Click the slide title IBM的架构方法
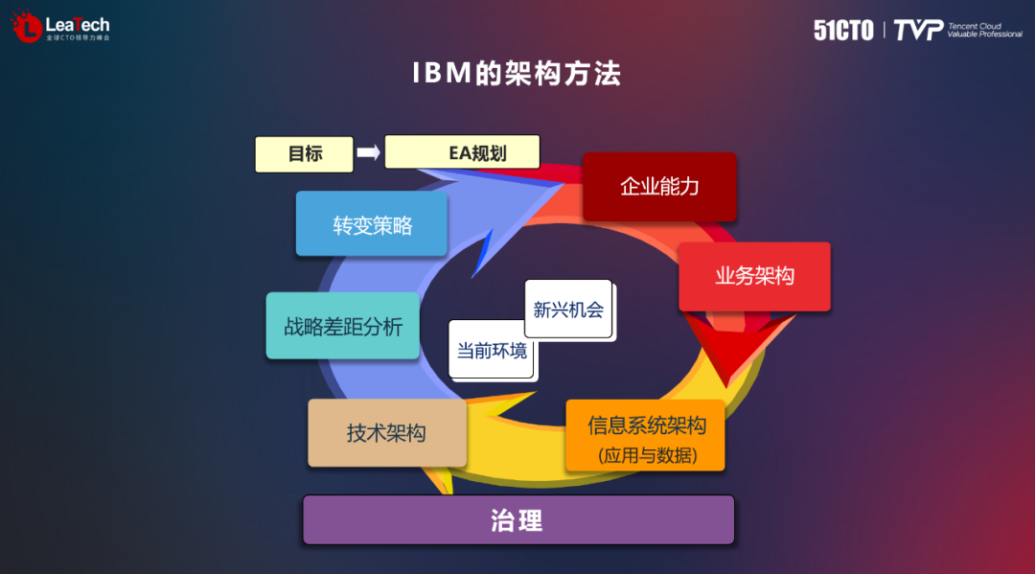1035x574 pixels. (x=517, y=75)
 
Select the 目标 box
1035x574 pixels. (x=304, y=154)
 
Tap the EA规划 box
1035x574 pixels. (x=462, y=152)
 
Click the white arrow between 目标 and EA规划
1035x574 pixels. (x=368, y=152)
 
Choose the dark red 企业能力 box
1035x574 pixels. (x=659, y=187)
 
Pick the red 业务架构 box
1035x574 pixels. (x=754, y=277)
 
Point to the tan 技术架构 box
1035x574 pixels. (x=386, y=433)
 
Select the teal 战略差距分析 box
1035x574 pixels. (x=342, y=326)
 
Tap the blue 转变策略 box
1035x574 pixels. (x=371, y=224)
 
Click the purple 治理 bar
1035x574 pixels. (x=517, y=520)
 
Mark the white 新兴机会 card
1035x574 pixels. (x=568, y=310)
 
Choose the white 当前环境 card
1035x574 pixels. (x=492, y=351)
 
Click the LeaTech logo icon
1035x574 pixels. (x=27, y=27)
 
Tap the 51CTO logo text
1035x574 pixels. (x=843, y=30)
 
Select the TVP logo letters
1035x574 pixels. (x=917, y=30)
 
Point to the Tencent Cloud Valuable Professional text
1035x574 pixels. (x=984, y=30)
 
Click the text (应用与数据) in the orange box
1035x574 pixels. (x=647, y=455)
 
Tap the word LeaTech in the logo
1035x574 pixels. (x=78, y=24)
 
